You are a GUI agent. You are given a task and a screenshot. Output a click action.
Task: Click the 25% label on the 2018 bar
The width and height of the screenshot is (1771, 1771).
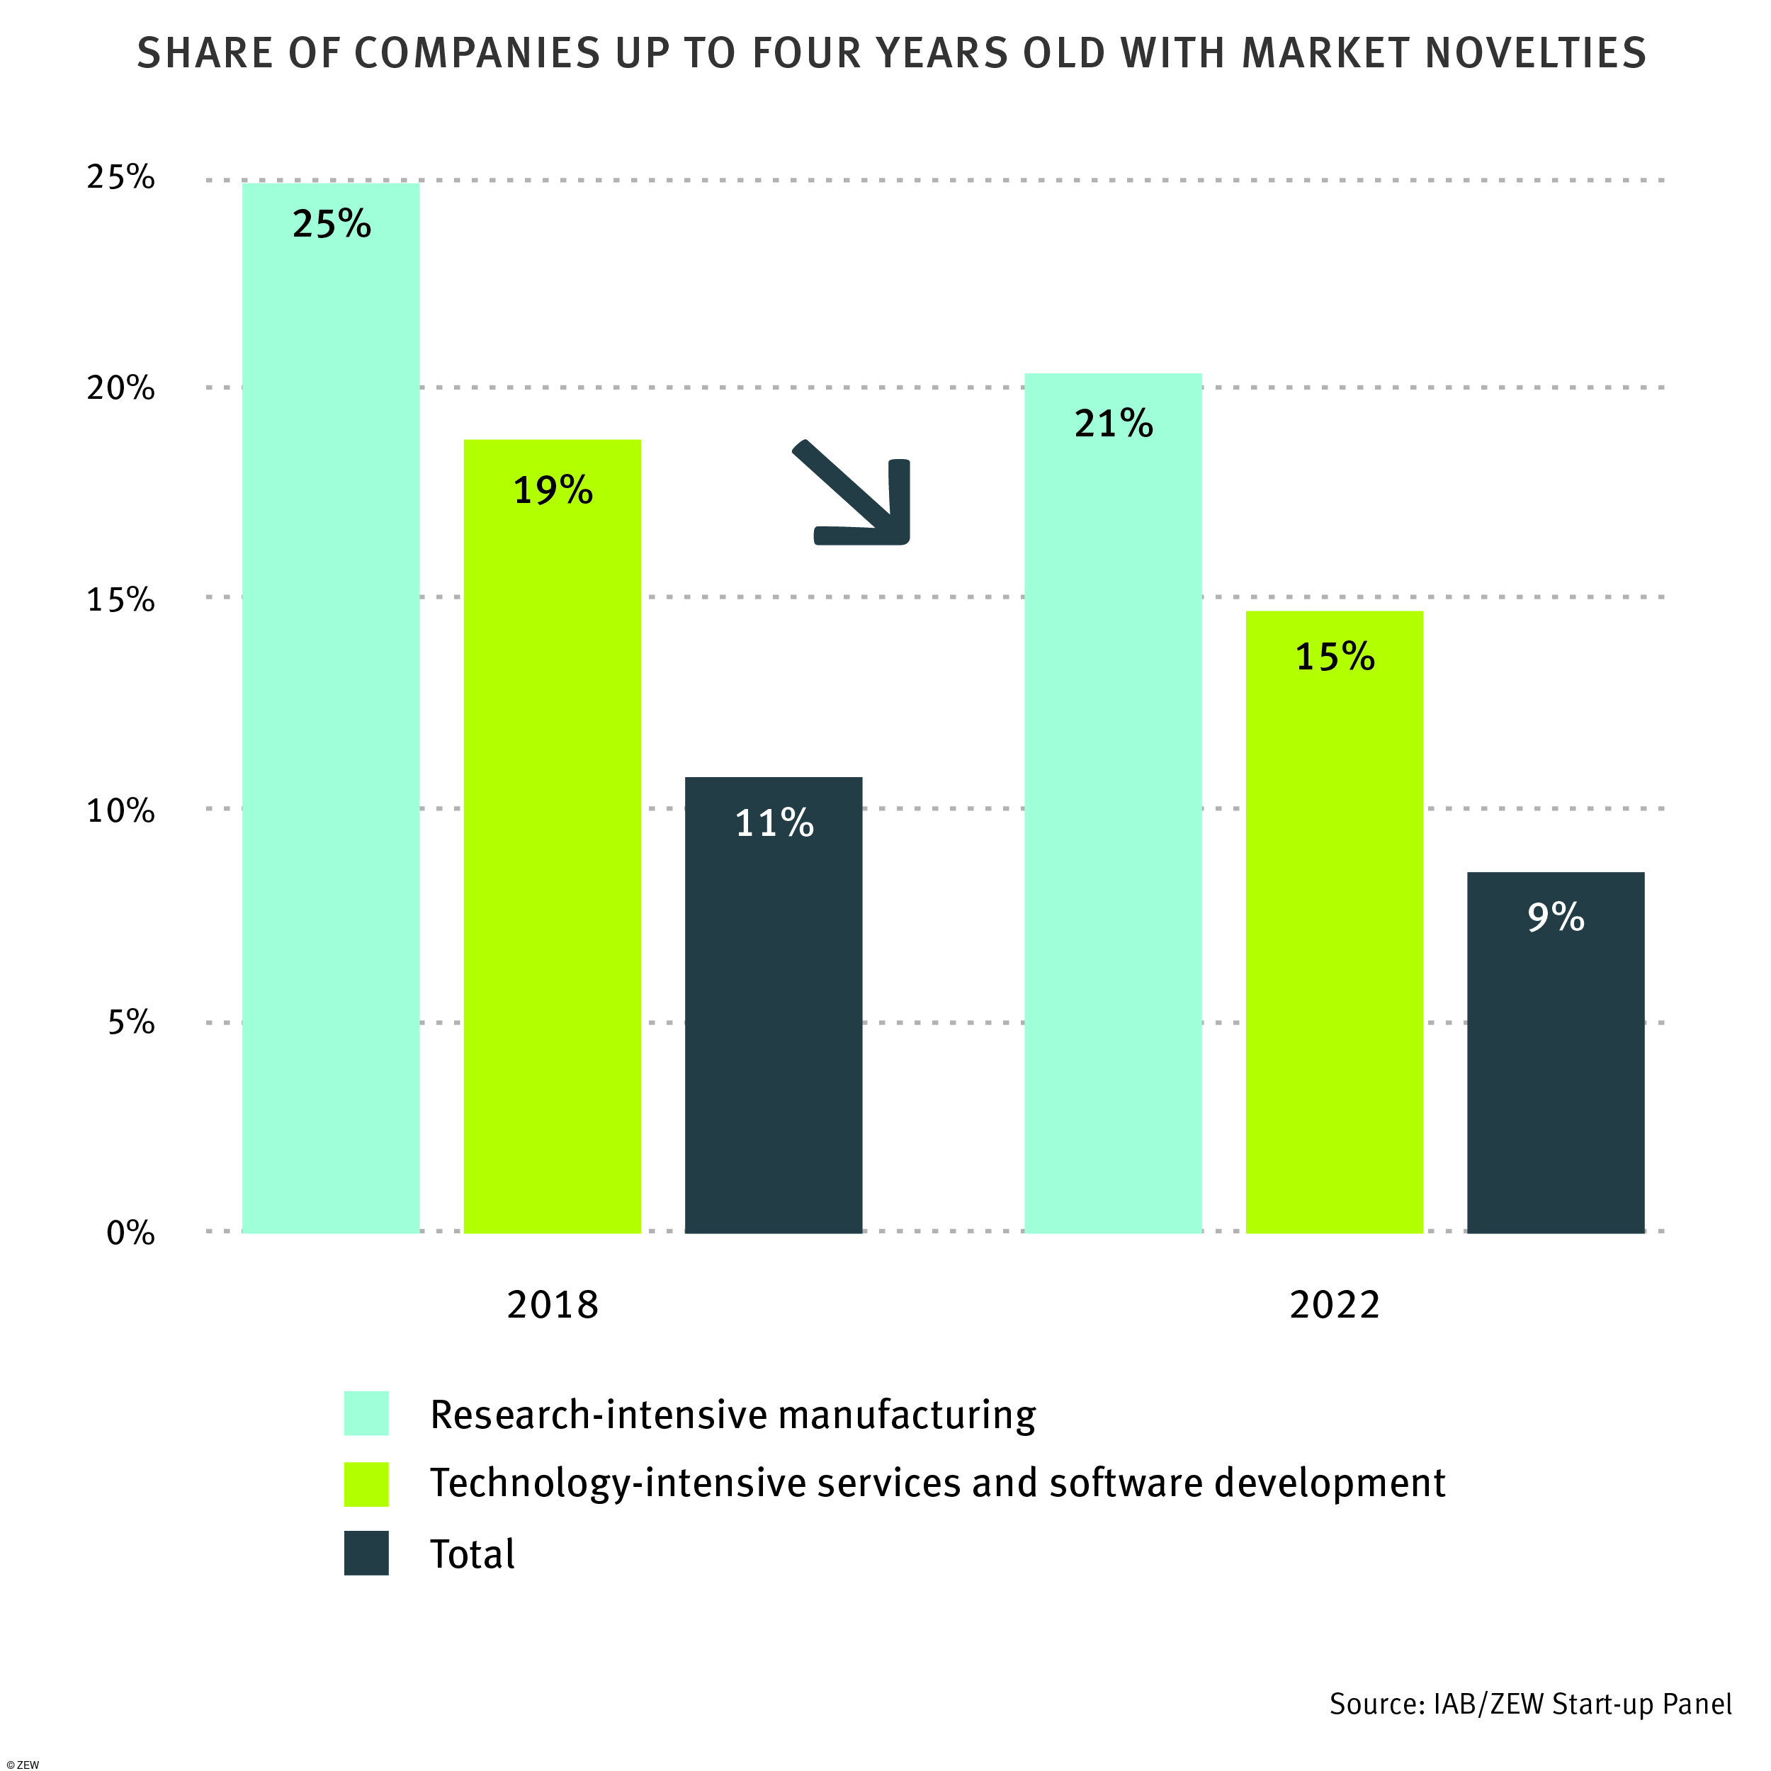tap(332, 225)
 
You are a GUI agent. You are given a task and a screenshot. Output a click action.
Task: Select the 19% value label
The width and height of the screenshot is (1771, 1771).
tap(553, 490)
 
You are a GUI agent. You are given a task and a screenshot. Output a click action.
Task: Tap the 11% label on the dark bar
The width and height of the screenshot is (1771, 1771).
tap(774, 823)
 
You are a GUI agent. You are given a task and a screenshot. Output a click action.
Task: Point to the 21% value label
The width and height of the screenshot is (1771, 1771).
tap(1114, 424)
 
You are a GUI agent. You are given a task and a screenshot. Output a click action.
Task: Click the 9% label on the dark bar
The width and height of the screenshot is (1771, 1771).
tap(1556, 917)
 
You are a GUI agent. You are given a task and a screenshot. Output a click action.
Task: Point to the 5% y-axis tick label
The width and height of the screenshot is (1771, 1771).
tap(131, 1022)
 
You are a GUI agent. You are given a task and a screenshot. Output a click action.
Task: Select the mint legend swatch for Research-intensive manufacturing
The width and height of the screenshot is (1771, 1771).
tap(367, 1413)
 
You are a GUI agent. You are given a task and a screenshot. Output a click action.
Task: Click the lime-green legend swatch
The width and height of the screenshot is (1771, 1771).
tap(367, 1484)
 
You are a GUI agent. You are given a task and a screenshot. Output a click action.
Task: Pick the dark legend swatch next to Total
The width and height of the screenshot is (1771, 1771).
tap(367, 1554)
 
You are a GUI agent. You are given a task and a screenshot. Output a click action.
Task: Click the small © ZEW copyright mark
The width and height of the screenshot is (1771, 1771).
tap(22, 1765)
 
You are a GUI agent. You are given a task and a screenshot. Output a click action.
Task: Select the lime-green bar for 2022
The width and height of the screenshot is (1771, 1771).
tap(1335, 926)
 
